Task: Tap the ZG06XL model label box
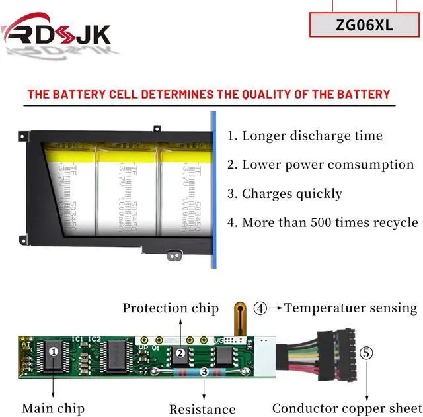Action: click(x=364, y=25)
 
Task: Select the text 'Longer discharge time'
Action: click(x=312, y=136)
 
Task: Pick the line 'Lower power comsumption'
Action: click(x=328, y=165)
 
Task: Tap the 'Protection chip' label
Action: click(x=171, y=308)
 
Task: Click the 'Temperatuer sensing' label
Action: click(x=351, y=308)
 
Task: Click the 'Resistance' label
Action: click(x=202, y=410)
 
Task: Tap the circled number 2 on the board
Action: click(x=180, y=353)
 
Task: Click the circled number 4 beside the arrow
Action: click(x=262, y=308)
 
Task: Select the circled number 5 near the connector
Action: click(x=365, y=353)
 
